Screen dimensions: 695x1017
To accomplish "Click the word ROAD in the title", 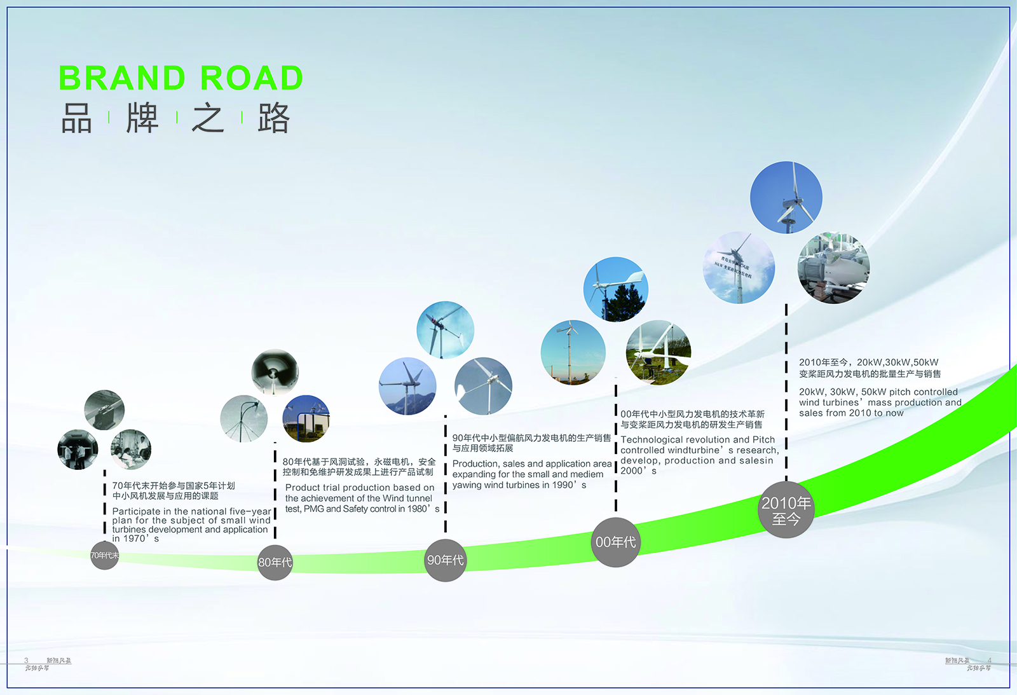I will [252, 78].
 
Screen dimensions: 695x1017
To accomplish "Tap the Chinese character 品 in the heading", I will [77, 118].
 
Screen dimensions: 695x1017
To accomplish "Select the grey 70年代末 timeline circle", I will [104, 555].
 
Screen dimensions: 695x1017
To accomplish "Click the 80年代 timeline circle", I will [275, 562].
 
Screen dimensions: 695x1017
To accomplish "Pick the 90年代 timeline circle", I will [445, 560].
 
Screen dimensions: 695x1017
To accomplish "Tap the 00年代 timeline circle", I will [615, 542].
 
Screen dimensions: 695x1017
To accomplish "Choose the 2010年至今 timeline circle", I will [786, 511].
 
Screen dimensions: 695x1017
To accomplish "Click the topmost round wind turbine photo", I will [786, 197].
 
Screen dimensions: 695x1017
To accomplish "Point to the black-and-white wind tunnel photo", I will [275, 372].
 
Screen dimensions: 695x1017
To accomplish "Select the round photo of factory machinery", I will [833, 268].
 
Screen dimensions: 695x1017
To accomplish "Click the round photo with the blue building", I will [306, 418].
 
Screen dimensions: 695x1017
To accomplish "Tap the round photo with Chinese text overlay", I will [739, 268].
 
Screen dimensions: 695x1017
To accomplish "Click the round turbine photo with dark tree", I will [615, 289].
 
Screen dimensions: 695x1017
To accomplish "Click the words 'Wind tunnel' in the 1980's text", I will [407, 499].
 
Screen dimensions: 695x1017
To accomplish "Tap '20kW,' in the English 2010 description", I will [812, 392].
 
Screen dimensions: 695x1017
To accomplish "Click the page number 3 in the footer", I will [26, 661].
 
